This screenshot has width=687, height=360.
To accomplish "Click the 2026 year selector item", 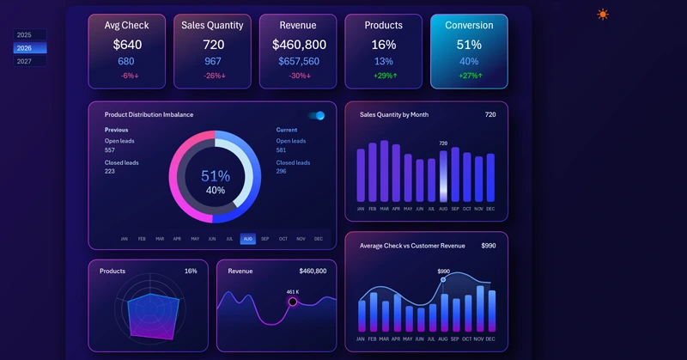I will tap(29, 48).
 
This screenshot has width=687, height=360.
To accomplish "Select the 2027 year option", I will tap(29, 61).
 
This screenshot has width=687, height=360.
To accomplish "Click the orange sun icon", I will tap(603, 15).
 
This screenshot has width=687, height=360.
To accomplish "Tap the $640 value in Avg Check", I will tap(126, 45).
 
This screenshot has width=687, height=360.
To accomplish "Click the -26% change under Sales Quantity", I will tap(212, 76).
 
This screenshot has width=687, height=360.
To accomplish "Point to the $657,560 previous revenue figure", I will tap(298, 61).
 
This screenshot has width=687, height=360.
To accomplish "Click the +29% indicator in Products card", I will tap(384, 76).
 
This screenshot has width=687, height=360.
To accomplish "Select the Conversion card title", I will tap(469, 26).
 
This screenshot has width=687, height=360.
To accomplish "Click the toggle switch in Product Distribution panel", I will tap(317, 115).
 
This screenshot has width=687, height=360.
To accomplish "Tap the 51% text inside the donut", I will tap(216, 175).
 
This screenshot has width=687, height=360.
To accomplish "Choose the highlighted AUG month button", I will tap(247, 239).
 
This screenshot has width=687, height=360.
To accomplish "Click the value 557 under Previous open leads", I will tap(110, 150).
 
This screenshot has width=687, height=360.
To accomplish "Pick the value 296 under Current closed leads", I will tap(282, 171).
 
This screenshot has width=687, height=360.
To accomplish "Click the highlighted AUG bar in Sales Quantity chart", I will tap(443, 177).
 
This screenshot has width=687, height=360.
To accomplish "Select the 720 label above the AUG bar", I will tap(443, 143).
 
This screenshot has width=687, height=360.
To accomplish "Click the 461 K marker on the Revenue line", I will tap(293, 302).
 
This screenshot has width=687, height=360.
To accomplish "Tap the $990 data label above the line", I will tap(443, 272).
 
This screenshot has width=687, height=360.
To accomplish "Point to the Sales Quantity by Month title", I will tap(394, 114).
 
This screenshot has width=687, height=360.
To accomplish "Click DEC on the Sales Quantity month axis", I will tap(490, 209).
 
